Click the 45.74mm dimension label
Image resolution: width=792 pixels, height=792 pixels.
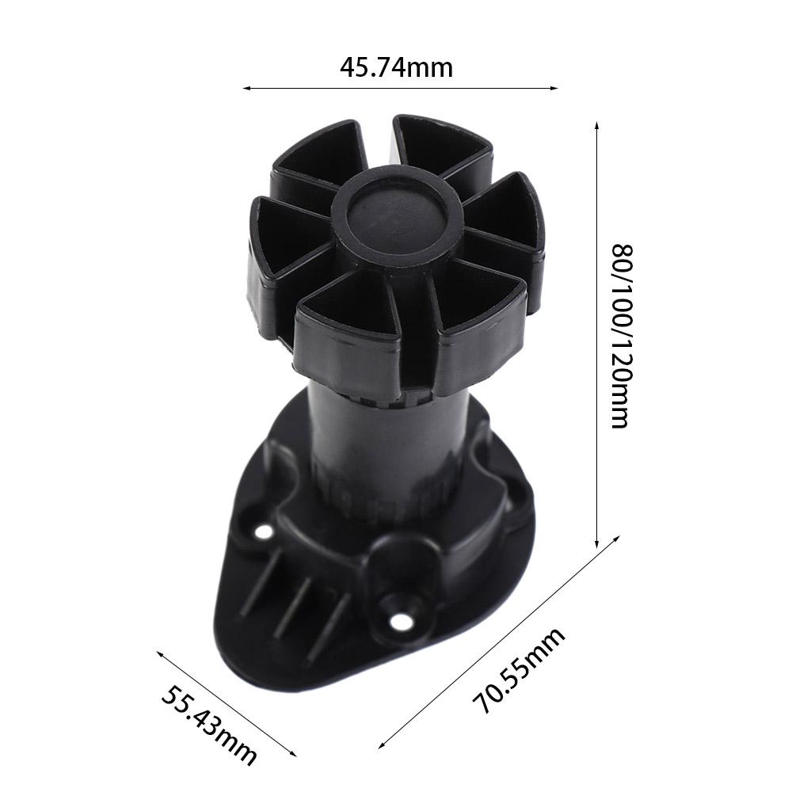[396, 68]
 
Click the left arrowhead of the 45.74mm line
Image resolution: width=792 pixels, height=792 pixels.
[245, 89]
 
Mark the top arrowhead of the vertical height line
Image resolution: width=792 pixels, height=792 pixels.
[596, 125]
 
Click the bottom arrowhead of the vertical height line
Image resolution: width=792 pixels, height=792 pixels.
[596, 544]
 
